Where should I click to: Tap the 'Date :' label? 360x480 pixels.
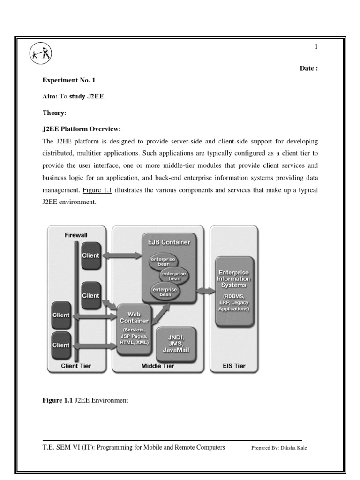pos(309,68)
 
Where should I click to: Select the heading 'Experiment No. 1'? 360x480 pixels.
pos(68,80)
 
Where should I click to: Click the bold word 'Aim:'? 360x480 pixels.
pos(50,97)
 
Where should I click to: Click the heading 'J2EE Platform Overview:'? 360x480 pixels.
pos(82,129)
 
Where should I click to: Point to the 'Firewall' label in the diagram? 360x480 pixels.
pos(76,234)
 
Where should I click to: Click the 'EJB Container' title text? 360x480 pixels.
pos(168,242)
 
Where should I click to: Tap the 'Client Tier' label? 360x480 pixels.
pos(76,366)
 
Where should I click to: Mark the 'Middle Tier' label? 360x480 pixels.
pos(158,366)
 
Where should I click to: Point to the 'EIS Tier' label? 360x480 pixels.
pos(233,366)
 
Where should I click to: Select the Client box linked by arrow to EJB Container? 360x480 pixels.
pos(90,256)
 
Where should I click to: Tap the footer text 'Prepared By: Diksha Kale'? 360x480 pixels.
pos(279,448)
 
